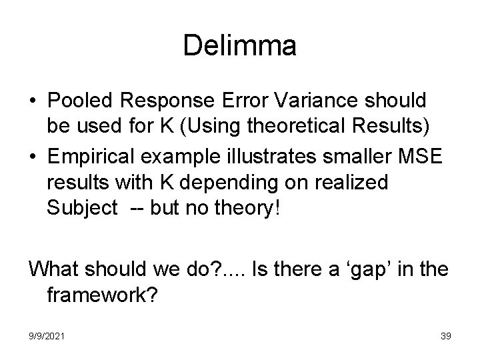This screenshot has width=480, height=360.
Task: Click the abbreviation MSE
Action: [x=422, y=157]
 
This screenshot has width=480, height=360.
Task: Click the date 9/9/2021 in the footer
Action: [x=47, y=336]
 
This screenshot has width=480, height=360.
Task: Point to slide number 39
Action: [x=445, y=336]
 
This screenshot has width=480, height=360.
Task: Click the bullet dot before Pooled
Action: [x=33, y=100]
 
